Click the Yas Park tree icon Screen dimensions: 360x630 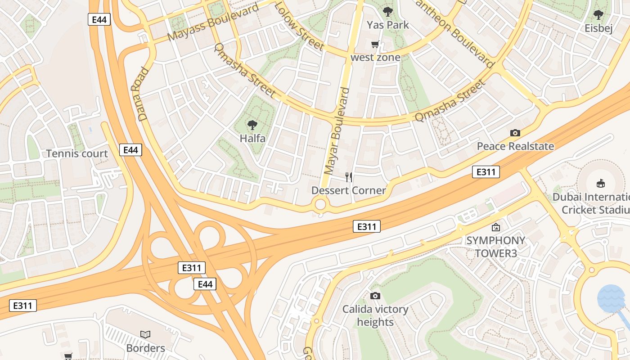[387, 12]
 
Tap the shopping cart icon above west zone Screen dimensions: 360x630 [375, 44]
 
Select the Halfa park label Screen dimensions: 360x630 [252, 138]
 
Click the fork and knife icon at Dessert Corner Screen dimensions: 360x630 [349, 177]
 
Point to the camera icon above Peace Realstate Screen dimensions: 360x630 [515, 133]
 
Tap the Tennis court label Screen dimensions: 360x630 [77, 153]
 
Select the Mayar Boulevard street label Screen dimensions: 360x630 [337, 131]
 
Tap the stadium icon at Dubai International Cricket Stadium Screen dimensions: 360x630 [600, 183]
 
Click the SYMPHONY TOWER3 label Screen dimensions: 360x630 [495, 247]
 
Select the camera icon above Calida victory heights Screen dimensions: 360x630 [375, 296]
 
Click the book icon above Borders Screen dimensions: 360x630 [145, 334]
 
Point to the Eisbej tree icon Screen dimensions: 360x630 [598, 15]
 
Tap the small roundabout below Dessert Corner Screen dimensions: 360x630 [320, 205]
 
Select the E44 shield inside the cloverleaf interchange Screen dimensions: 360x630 [205, 284]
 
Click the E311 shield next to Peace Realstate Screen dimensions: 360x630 [486, 171]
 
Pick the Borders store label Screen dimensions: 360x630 [145, 348]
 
